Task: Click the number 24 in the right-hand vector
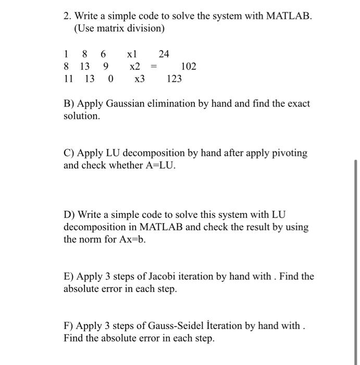pyautogui.click(x=164, y=54)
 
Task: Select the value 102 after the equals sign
pyautogui.click(x=188, y=67)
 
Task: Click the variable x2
pyautogui.click(x=135, y=67)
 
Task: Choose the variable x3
pyautogui.click(x=140, y=79)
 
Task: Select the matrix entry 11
pyautogui.click(x=68, y=79)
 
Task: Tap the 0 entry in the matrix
pyautogui.click(x=110, y=79)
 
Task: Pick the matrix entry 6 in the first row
pyautogui.click(x=103, y=54)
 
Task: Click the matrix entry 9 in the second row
pyautogui.click(x=106, y=67)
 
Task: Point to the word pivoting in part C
pyautogui.click(x=290, y=153)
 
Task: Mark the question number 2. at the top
pyautogui.click(x=68, y=16)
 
